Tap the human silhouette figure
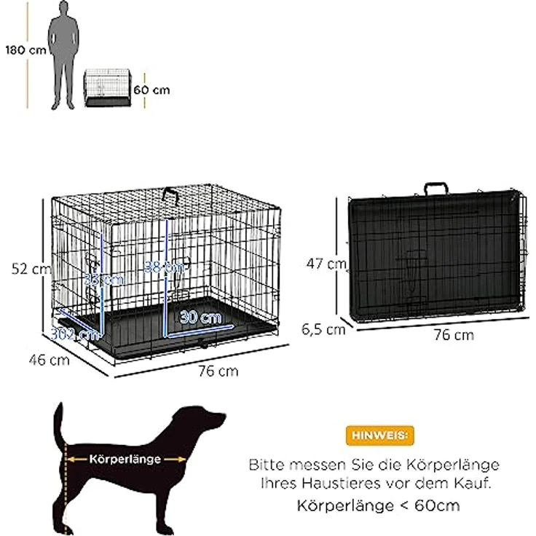pyautogui.click(x=63, y=58)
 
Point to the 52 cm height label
pyautogui.click(x=32, y=269)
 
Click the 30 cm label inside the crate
pyautogui.click(x=201, y=318)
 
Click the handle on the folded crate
pyautogui.click(x=436, y=188)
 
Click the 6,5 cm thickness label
pyautogui.click(x=323, y=328)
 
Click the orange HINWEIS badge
pyautogui.click(x=379, y=435)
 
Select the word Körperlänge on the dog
pyautogui.click(x=125, y=460)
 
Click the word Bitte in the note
pyautogui.click(x=267, y=464)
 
